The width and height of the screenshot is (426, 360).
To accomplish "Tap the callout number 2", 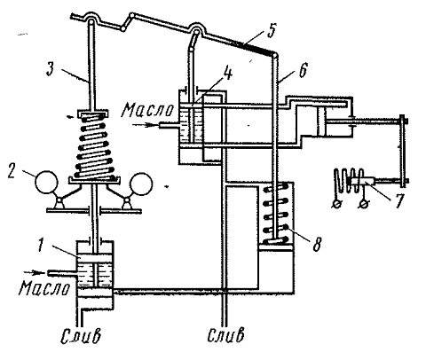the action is click(12, 172).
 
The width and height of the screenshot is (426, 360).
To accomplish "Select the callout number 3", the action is click(51, 70).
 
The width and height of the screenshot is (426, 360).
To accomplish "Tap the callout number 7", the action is click(398, 200).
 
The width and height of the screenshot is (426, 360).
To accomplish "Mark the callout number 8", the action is click(317, 245).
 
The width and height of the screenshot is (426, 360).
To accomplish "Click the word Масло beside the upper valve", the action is click(148, 110).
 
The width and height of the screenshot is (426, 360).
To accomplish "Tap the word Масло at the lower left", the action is click(44, 288).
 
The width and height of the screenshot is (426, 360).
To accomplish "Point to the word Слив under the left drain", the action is click(81, 336).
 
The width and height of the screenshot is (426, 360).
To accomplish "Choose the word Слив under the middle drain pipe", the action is click(226, 334).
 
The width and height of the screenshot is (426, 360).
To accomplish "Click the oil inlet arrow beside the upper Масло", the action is click(144, 125).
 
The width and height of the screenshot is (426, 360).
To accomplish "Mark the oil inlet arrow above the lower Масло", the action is click(35, 272).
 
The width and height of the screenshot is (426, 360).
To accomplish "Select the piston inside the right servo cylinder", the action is click(321, 121).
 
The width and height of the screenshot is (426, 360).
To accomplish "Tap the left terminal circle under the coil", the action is click(335, 204).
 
